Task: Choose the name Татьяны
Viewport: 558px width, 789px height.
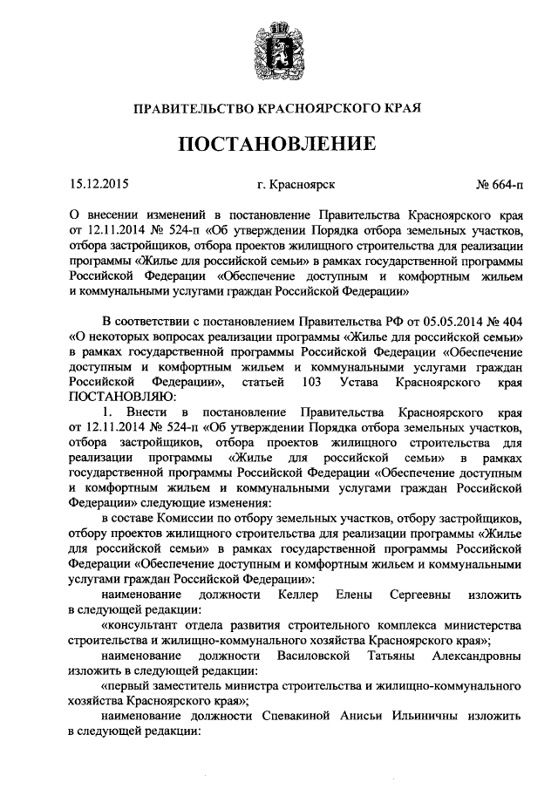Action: coord(394,653)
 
